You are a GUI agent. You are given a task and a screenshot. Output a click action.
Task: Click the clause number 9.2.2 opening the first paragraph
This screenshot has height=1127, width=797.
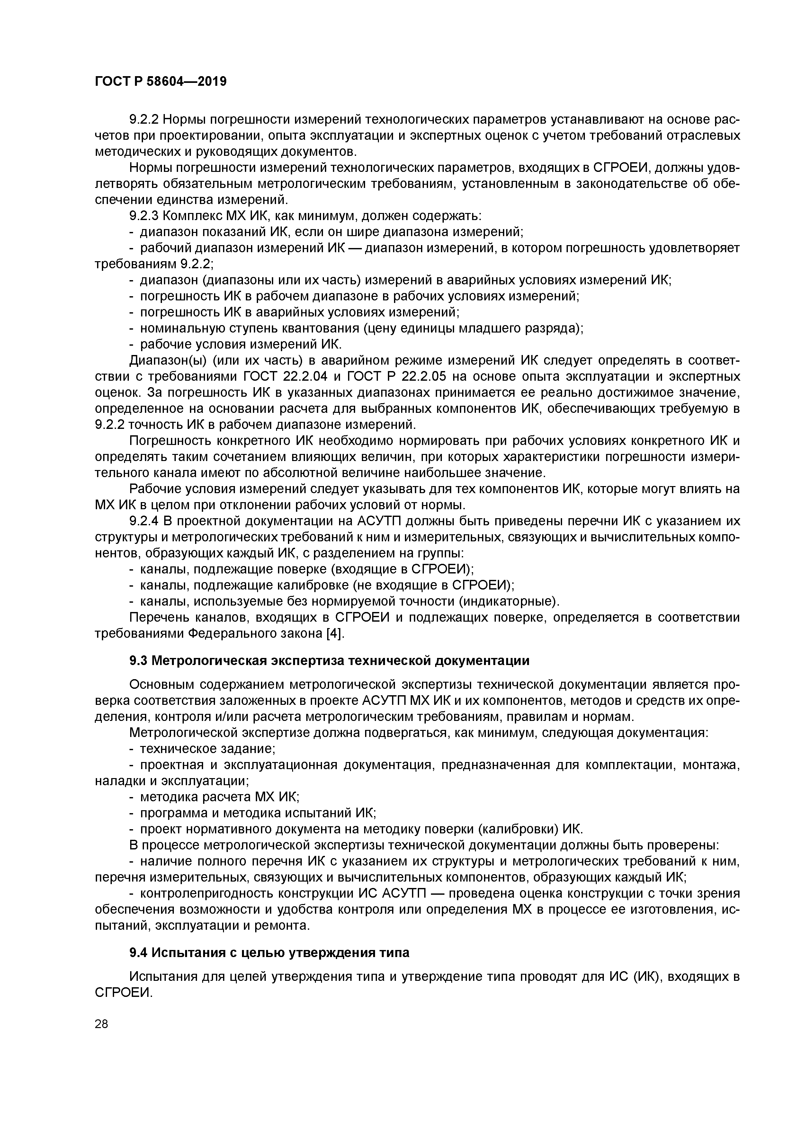143,119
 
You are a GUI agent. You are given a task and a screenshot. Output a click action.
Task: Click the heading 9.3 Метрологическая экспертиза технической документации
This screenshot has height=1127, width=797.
329,661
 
